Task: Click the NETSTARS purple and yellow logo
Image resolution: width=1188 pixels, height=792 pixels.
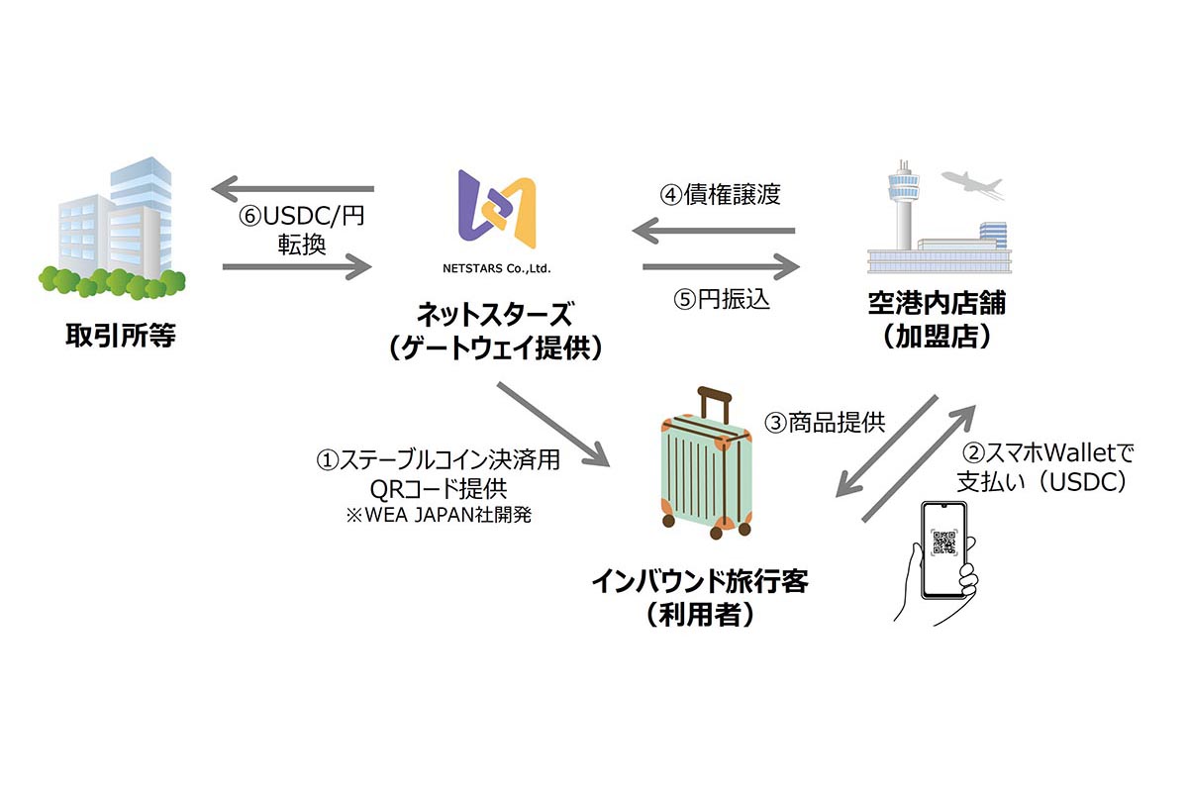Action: tap(497, 212)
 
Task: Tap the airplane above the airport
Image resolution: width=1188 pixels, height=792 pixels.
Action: tap(973, 185)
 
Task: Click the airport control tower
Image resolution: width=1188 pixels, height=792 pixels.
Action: tap(904, 202)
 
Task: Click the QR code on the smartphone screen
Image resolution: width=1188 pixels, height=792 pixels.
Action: tap(945, 547)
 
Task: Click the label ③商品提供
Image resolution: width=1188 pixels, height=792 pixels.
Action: tap(824, 423)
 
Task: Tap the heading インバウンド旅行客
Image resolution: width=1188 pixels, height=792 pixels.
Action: tap(700, 580)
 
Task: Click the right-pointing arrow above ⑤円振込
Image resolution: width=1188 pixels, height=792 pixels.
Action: tap(721, 266)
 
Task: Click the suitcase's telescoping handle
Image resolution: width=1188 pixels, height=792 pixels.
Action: tap(714, 404)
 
